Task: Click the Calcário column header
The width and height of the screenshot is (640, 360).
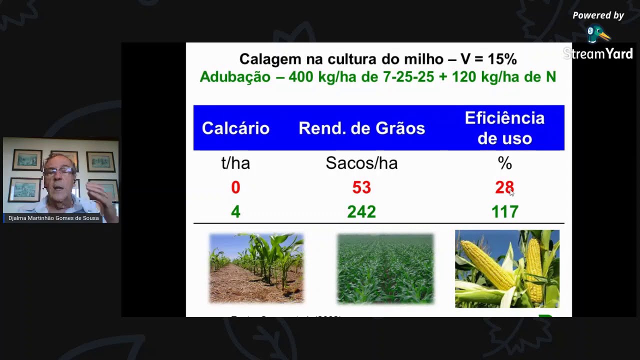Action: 235,128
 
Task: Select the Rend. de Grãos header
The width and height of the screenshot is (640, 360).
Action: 361,128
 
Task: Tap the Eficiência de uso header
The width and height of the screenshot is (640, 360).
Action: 504,128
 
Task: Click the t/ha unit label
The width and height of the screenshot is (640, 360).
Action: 235,163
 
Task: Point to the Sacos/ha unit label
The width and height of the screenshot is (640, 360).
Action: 361,163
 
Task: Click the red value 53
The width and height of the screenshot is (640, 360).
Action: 361,187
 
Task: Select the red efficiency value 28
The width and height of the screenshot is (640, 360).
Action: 504,187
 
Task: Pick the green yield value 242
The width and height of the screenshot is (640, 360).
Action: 361,212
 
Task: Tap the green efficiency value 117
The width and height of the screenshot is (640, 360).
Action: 504,212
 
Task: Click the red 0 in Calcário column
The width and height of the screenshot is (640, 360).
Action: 235,187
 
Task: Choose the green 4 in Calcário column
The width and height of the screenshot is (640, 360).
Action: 235,212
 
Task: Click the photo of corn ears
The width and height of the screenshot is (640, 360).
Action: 507,269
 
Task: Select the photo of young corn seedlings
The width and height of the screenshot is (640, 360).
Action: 256,268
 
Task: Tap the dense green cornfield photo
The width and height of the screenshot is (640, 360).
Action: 385,268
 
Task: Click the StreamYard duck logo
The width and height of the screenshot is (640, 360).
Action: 598,34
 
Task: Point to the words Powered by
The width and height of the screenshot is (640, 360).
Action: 598,15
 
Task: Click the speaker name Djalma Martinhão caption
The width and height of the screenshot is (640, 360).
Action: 53,218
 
